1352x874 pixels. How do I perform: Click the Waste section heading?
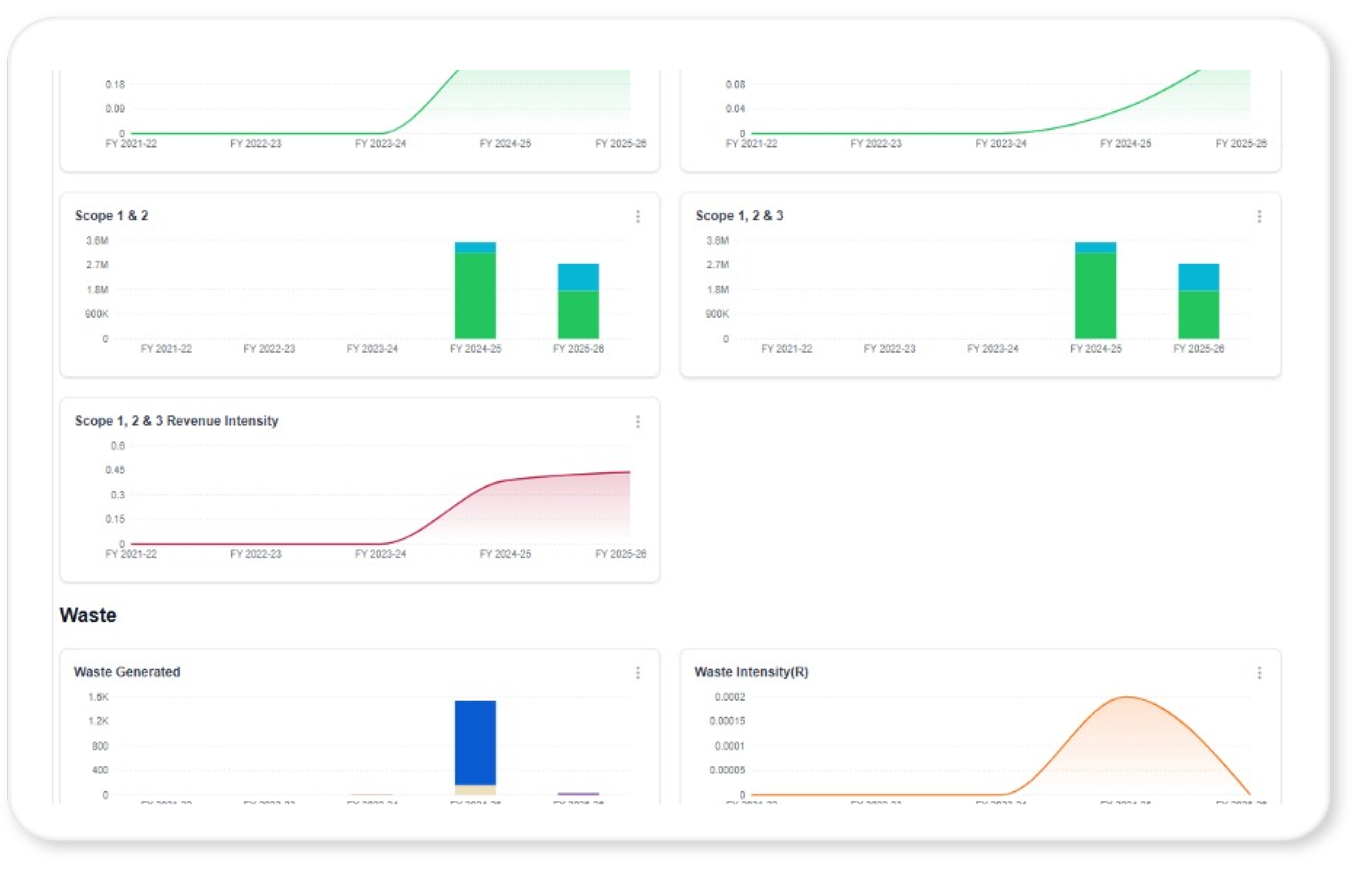point(88,615)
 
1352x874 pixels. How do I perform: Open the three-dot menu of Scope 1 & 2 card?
point(638,217)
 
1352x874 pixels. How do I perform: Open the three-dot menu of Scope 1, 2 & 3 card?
point(1259,217)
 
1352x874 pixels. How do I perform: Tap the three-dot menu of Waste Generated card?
point(638,672)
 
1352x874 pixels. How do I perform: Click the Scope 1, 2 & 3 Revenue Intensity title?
point(177,421)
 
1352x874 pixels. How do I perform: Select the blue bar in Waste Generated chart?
point(475,742)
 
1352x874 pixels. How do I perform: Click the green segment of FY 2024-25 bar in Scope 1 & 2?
point(475,295)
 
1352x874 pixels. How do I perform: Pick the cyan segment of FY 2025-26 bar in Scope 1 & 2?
point(578,277)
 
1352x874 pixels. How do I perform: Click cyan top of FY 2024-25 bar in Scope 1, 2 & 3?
point(1095,247)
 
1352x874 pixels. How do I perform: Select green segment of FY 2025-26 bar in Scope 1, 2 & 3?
point(1198,314)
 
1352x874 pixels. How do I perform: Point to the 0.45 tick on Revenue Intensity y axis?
point(115,470)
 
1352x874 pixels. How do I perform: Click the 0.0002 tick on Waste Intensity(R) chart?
point(729,697)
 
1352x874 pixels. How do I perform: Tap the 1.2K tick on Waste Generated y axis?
point(98,721)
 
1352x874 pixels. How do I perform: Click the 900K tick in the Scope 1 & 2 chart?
point(97,314)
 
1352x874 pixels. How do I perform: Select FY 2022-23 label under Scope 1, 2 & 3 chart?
point(890,348)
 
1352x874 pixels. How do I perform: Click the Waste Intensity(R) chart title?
point(751,672)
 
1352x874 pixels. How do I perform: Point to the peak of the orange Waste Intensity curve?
point(1126,697)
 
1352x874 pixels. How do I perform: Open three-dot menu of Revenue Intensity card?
point(638,422)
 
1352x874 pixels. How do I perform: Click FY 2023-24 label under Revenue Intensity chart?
point(380,554)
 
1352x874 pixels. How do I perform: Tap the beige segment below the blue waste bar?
point(475,790)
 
